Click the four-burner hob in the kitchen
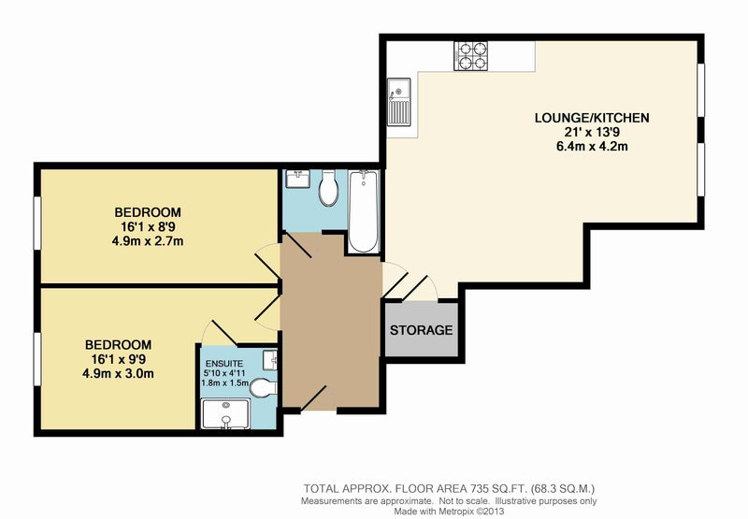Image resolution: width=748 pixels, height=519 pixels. (x=471, y=56)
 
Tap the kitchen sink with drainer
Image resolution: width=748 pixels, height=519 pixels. (x=399, y=102)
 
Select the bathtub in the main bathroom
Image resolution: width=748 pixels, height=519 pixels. (x=364, y=211)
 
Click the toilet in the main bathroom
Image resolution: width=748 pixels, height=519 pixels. (x=328, y=188)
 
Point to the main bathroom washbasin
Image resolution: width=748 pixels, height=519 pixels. (x=298, y=179)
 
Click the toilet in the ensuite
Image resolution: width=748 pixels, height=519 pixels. (x=264, y=388)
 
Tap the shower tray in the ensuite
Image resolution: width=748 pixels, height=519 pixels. (x=225, y=414)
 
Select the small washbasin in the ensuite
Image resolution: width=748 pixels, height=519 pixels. (x=270, y=359)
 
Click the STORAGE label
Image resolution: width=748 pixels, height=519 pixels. (x=422, y=329)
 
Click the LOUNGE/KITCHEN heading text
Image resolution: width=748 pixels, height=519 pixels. (x=592, y=118)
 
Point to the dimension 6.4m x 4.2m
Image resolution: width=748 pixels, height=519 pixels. (x=592, y=146)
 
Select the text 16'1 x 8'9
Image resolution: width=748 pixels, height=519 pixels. (x=148, y=226)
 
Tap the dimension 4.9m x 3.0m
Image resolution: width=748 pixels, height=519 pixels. (x=119, y=373)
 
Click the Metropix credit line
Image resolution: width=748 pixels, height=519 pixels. (x=449, y=511)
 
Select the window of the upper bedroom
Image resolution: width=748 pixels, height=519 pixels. (x=36, y=223)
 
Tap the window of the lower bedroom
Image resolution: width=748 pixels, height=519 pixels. (x=36, y=359)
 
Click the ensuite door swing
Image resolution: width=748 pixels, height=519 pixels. (x=219, y=333)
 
